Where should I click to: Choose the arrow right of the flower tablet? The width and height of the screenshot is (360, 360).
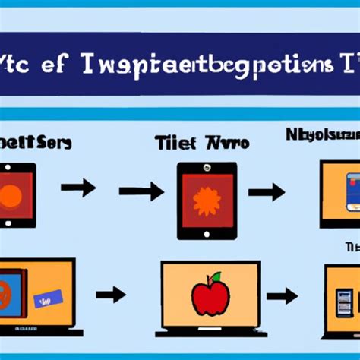(266, 192)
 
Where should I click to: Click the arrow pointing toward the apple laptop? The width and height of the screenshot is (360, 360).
(110, 293)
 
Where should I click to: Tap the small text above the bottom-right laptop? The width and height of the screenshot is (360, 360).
(352, 247)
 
